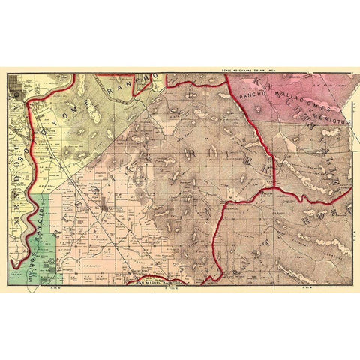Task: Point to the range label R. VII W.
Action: pyautogui.click(x=306, y=287)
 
